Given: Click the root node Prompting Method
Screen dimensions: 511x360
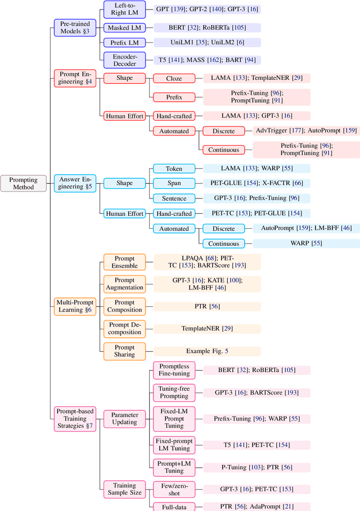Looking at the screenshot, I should click(x=24, y=183).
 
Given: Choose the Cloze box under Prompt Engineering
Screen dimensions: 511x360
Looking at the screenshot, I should click(x=174, y=79).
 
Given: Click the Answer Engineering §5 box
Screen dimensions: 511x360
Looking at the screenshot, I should click(x=75, y=183).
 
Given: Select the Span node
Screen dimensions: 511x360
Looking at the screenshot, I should click(x=174, y=183).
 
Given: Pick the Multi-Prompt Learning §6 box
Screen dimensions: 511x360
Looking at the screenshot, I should click(x=75, y=306).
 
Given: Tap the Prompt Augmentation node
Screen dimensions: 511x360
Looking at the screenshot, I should click(x=124, y=284).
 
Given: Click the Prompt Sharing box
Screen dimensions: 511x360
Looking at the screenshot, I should click(x=124, y=351).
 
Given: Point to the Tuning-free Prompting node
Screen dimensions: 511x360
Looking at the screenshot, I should click(x=174, y=392).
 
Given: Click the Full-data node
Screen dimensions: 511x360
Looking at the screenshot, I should click(x=174, y=507).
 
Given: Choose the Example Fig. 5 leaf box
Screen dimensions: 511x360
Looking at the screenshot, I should click(x=208, y=351).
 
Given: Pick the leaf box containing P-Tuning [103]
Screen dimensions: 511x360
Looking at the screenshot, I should click(x=256, y=467).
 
